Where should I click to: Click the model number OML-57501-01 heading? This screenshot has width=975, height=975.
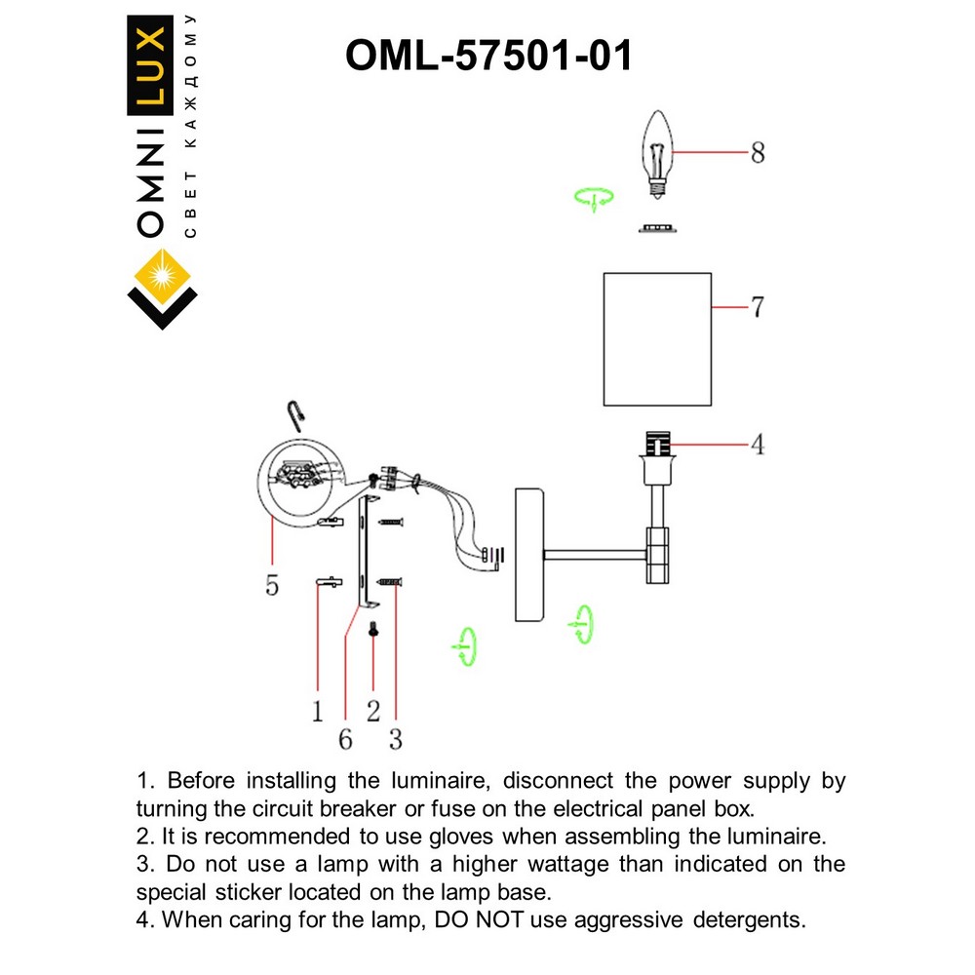point(488,56)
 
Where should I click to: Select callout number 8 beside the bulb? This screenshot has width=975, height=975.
point(757,153)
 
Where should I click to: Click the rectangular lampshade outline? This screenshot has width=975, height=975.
point(657,339)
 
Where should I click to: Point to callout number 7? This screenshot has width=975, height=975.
point(757,307)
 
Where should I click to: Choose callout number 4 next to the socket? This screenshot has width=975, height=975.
point(757,445)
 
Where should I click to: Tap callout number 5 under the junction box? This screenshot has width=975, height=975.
point(272,585)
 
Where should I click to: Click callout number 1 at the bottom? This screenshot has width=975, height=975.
point(317,712)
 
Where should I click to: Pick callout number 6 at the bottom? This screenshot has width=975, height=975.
point(345,739)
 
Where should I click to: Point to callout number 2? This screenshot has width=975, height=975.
point(373,712)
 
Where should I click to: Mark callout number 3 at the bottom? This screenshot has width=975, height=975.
point(395,739)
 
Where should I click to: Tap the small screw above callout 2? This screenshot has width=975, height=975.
point(374,632)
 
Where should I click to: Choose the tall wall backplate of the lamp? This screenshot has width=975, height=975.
point(526,554)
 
